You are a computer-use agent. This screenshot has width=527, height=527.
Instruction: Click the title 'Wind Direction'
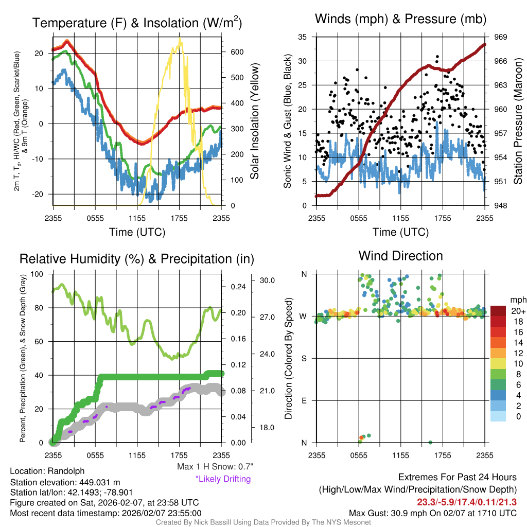400,256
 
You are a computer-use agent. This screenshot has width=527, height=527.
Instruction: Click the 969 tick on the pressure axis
501,37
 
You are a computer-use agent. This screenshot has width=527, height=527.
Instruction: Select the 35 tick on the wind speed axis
303,37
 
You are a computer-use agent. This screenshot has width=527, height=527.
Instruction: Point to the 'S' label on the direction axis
304,358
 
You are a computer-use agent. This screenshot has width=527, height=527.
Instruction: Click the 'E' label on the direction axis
304,400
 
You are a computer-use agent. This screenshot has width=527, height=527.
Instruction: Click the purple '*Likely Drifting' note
222,479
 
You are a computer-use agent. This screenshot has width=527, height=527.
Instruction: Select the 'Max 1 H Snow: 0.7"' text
215,467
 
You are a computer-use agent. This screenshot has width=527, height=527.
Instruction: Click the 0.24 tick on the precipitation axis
238,287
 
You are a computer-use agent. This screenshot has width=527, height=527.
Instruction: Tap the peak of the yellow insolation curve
180,39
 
